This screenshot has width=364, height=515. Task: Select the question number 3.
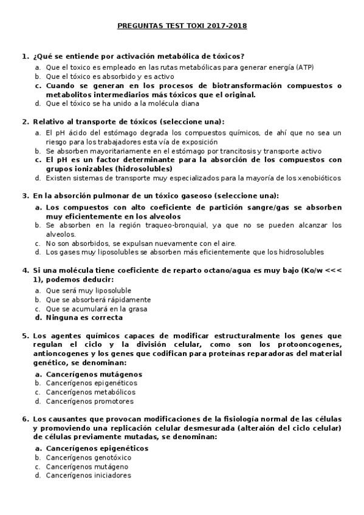tap(25, 196)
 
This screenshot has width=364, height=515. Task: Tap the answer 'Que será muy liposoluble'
tap(88, 290)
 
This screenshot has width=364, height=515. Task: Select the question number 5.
tap(25, 336)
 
